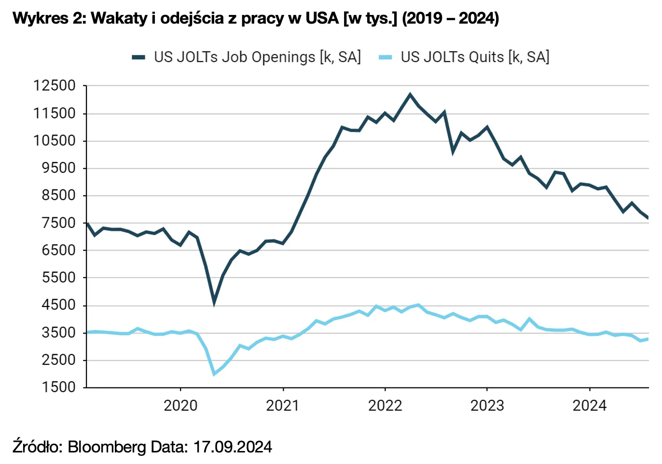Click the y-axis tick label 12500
(x=55, y=86)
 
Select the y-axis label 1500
(x=58, y=387)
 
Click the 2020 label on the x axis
(x=180, y=406)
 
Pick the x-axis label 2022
(x=385, y=406)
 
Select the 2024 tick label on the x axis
(x=589, y=406)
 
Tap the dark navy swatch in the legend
(x=138, y=57)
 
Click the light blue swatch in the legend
(x=386, y=57)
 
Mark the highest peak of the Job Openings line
(x=410, y=94)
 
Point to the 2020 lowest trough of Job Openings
(x=214, y=303)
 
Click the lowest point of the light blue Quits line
(x=214, y=374)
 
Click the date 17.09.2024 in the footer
(x=233, y=447)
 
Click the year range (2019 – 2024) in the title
(x=450, y=18)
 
